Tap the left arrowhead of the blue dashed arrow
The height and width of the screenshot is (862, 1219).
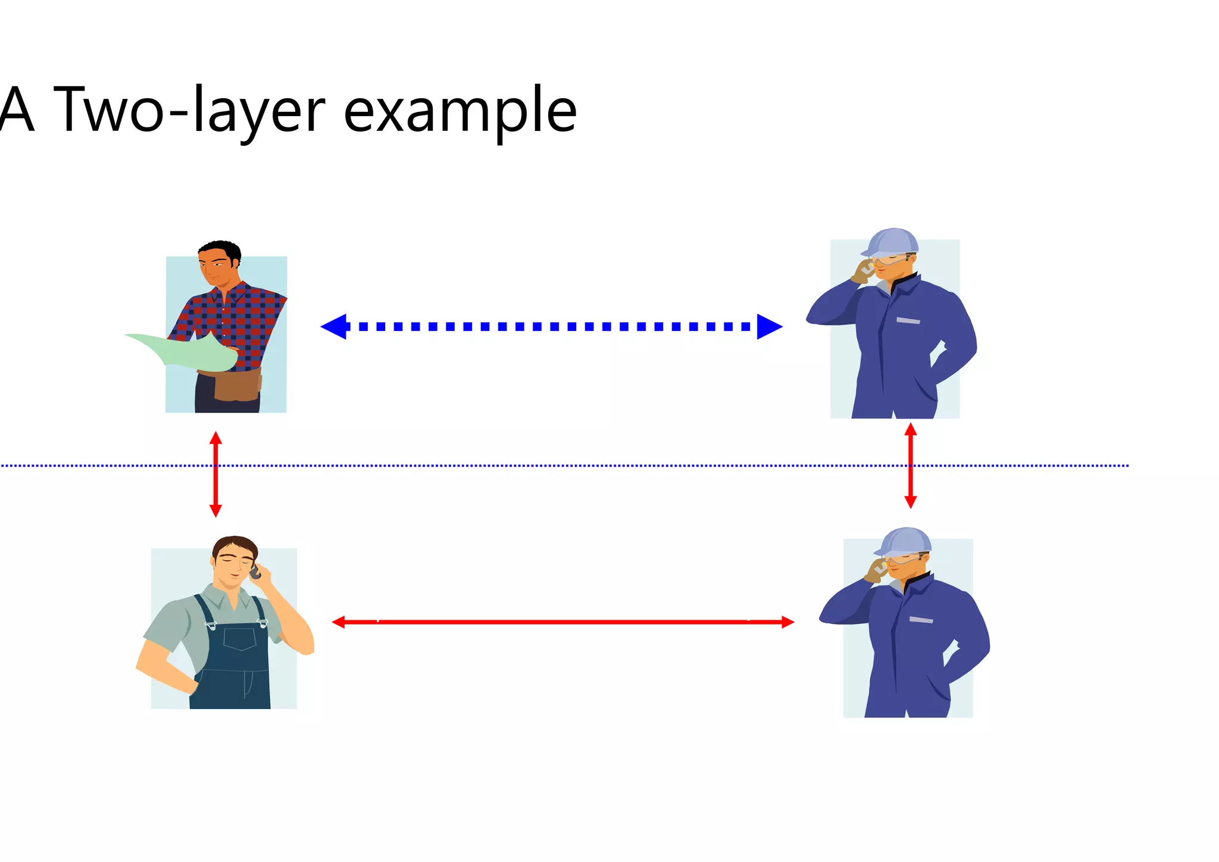tap(334, 326)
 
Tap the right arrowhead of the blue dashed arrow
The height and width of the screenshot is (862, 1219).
tap(769, 326)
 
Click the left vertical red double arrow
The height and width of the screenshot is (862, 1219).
tap(215, 474)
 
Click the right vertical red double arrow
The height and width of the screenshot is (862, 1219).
tap(910, 466)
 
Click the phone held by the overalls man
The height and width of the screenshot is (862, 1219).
tap(255, 573)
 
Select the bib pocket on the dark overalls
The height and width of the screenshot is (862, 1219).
tap(240, 639)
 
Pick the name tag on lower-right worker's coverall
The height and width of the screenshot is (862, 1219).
tap(921, 620)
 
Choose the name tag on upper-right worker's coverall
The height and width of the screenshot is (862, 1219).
tap(908, 321)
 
